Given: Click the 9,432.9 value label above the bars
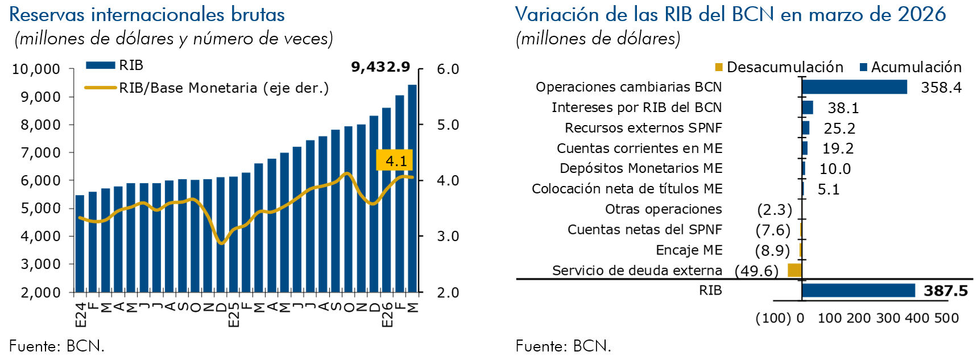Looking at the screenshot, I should point(380,67).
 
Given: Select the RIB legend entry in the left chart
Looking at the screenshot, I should point(114,65).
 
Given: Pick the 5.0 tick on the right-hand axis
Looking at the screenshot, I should point(448,125).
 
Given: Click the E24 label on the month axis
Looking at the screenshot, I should point(81,315).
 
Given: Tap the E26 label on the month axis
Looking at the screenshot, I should point(387,315).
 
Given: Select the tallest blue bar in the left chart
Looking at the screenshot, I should point(412,188).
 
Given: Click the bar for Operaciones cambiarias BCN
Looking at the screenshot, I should point(854,87).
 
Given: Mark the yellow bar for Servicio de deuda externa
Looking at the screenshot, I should point(794,270).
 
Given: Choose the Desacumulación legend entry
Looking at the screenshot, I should point(779,67).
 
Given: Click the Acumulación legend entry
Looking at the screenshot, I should point(910,67).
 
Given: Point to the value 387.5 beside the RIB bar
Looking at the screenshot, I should point(945,291).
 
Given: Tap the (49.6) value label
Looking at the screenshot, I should point(756,271).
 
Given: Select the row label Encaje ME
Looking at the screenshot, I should point(689,250).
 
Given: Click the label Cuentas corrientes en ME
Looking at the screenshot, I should point(639,148).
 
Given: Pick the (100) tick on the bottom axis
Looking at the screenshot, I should point(772,318).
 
